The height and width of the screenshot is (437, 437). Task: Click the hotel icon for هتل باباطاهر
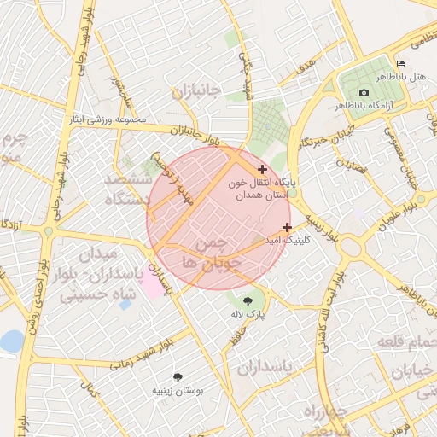401,64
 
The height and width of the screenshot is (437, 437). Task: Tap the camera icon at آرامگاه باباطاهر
364,92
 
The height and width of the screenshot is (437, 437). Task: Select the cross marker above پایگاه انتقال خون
262,170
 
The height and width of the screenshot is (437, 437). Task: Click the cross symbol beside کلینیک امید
287,227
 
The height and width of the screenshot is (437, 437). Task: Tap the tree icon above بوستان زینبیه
178,376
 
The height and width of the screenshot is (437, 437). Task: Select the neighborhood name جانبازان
195,90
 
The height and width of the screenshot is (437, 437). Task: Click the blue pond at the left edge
11,341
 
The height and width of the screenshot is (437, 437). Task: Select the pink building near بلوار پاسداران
153,284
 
